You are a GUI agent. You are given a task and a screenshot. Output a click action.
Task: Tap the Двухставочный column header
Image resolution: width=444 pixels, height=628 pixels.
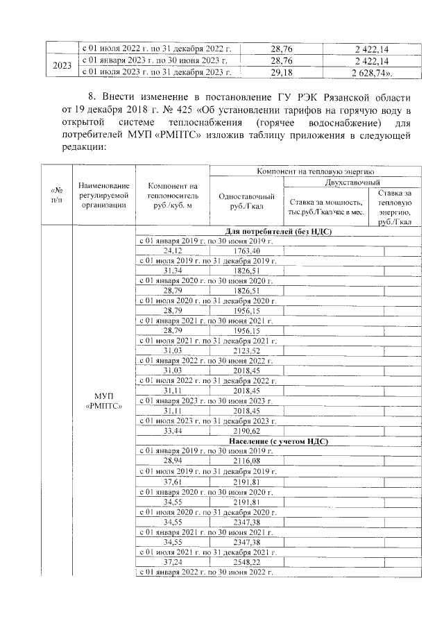[x=352, y=181]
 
